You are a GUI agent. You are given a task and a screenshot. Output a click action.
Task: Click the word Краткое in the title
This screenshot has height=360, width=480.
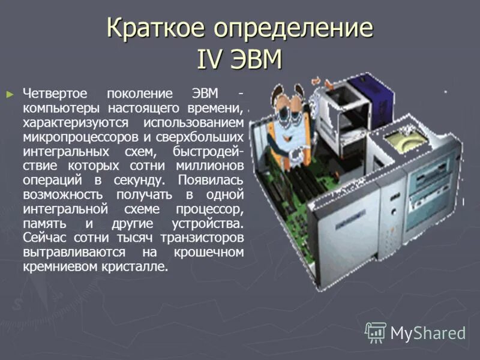(152, 29)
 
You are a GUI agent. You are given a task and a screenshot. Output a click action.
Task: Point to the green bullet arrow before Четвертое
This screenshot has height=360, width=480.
(9, 94)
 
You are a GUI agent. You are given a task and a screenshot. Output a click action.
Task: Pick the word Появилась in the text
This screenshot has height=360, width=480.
(211, 180)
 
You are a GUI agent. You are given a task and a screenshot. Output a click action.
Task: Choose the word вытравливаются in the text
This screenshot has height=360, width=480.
(74, 252)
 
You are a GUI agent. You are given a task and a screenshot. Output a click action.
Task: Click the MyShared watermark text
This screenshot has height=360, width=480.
(428, 332)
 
